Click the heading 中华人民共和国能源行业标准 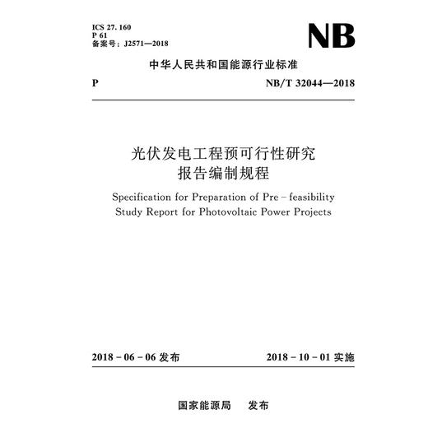pos(213,67)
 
